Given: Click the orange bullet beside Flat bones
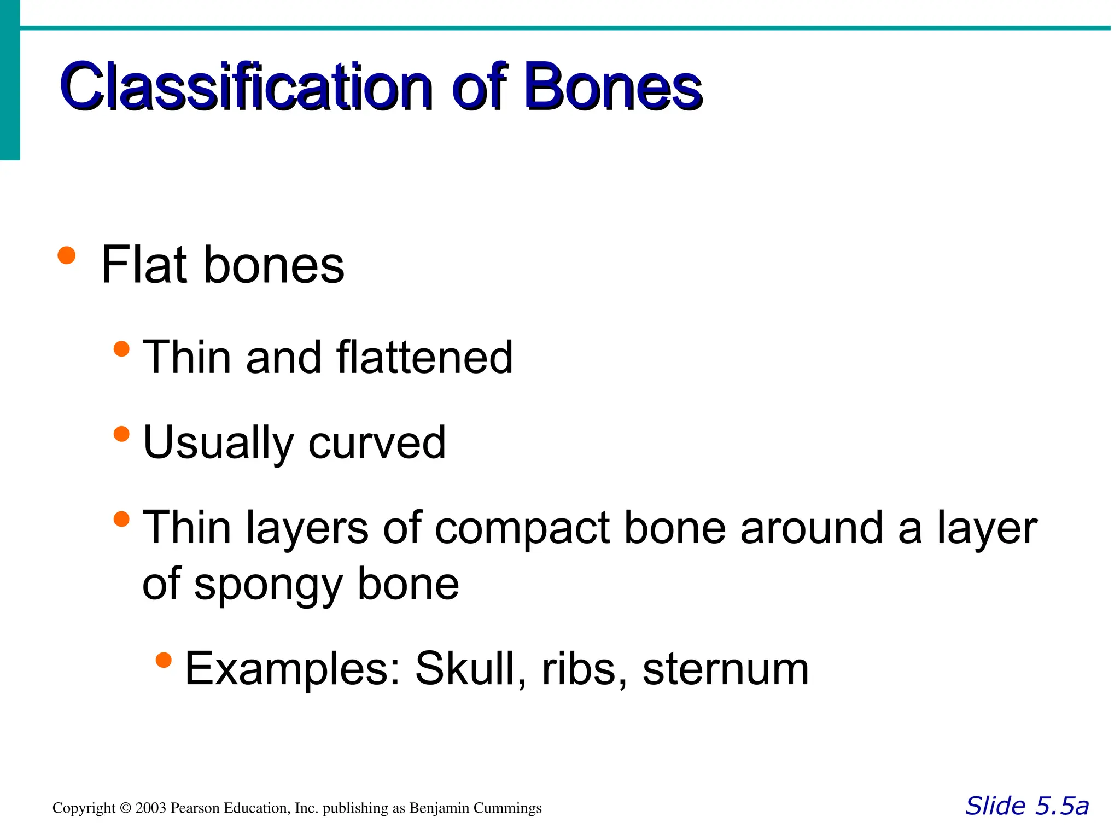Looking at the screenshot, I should [66, 255].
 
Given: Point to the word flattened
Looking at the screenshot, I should [424, 357].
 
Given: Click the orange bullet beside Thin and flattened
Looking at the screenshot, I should [121, 349].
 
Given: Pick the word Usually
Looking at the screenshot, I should [218, 443].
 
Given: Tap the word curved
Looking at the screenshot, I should [377, 443].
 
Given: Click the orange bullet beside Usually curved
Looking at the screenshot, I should [121, 434].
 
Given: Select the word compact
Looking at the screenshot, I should [522, 528].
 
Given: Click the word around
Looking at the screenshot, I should [812, 528].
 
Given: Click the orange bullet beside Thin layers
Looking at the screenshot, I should [121, 519].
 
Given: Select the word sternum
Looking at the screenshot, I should [725, 669].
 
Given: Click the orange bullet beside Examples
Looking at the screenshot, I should [164, 660].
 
